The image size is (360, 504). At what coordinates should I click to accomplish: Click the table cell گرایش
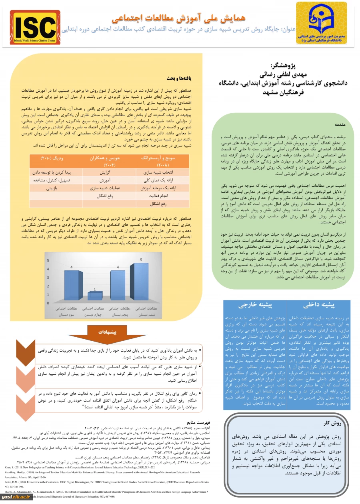[104, 172]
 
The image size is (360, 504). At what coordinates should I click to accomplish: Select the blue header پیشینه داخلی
[324, 305]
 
